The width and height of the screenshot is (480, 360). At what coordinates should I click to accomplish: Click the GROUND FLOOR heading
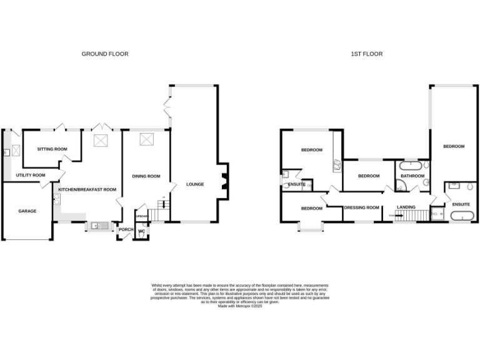click(x=105, y=54)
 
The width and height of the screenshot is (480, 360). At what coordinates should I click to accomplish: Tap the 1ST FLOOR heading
click(x=366, y=54)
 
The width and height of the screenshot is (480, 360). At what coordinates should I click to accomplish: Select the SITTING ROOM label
click(x=52, y=149)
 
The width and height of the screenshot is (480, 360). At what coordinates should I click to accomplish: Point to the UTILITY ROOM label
click(x=31, y=176)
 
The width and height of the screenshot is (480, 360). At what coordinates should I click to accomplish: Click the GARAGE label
click(x=26, y=211)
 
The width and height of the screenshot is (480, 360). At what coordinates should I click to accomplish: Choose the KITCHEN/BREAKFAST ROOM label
click(x=87, y=189)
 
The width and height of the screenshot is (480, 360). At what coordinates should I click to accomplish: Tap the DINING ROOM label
click(x=146, y=176)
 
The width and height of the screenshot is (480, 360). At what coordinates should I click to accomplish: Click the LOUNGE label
click(x=195, y=184)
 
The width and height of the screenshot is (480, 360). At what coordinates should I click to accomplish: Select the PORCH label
click(x=126, y=229)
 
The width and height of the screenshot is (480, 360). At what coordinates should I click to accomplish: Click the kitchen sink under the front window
click(x=97, y=226)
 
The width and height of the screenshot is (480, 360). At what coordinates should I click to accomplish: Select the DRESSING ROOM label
click(x=362, y=207)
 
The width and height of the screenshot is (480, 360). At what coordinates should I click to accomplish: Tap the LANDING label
click(x=406, y=207)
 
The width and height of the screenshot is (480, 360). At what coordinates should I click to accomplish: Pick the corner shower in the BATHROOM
click(x=399, y=186)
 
